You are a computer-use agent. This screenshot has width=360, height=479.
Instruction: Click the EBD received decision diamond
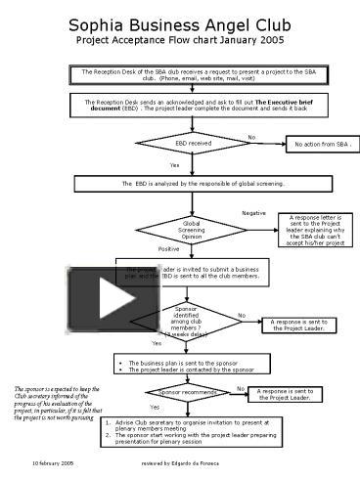coord(193,144)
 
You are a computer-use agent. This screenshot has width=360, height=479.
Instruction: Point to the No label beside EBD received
coord(250,136)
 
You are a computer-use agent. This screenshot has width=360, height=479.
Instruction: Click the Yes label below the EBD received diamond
coord(174,165)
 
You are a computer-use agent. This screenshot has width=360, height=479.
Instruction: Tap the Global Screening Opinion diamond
coord(192,230)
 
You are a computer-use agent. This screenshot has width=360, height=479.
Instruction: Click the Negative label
coord(253,212)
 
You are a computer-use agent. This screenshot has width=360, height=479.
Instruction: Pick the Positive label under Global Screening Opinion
coord(168,249)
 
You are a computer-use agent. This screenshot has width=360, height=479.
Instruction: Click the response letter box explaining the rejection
coord(314,231)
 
